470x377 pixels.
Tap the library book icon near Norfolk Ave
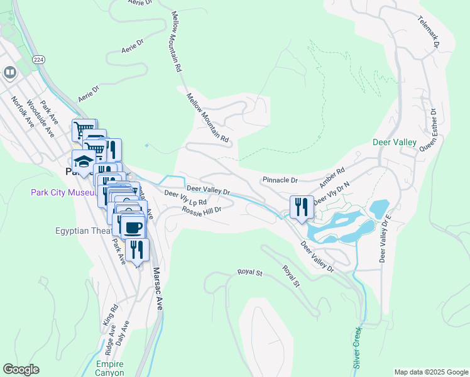9,73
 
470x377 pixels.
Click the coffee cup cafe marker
131,227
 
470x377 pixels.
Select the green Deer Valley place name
395,143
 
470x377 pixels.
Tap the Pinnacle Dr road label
280,180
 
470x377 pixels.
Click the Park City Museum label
62,192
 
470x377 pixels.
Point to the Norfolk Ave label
23,111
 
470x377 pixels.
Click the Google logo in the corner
21,369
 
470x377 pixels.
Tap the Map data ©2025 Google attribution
430,372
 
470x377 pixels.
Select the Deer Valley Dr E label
385,238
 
